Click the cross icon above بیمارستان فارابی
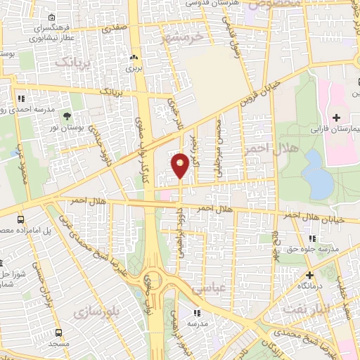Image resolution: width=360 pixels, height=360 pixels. coord(336,116)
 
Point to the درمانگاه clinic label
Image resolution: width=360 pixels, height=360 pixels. coord(309,287)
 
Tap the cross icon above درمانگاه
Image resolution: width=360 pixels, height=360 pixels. coord(309,275)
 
